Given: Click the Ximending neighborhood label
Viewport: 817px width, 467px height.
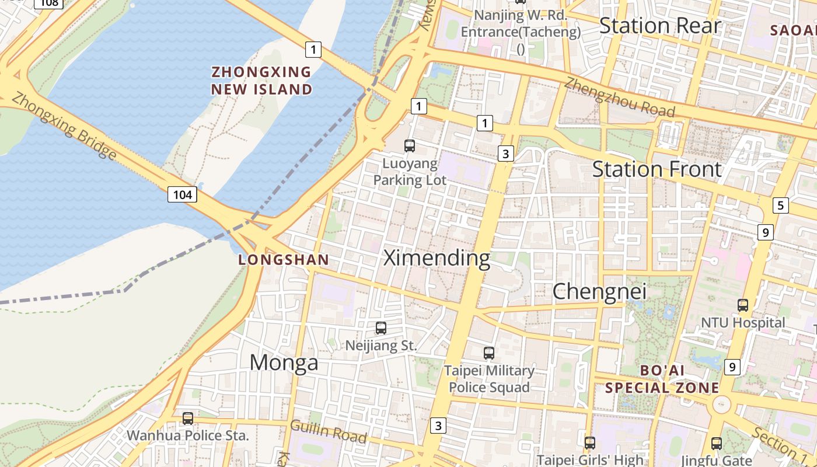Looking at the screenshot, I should point(437,258).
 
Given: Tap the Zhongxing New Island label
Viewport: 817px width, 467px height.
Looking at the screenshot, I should point(261,81).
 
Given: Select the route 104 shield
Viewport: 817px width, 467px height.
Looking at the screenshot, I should point(182,194).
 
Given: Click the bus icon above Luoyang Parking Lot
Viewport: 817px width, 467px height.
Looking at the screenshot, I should point(410,146).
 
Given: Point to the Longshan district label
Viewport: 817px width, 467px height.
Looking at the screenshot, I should point(284,260).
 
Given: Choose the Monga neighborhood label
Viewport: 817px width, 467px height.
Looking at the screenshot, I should point(284,363).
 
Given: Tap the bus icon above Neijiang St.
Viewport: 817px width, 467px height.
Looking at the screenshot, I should point(381,328).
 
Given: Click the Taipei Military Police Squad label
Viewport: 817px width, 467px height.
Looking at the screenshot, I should point(489,379).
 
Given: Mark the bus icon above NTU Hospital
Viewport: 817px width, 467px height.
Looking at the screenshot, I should point(743,305).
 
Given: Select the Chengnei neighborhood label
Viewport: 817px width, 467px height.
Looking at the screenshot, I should point(599,291).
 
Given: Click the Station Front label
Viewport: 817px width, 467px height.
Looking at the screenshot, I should point(657,169).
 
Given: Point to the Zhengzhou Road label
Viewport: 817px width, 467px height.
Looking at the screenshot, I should point(620,98).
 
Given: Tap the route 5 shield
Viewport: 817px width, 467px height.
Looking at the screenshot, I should point(780,205).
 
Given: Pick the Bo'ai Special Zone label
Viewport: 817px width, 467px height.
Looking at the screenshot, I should point(662,379).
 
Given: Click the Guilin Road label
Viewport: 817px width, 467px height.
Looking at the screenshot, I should point(329,432).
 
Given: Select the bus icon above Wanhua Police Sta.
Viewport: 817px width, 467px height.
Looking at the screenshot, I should point(188,418).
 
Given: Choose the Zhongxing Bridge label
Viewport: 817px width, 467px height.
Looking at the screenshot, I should point(64,126).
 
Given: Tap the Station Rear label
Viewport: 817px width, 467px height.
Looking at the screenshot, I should point(660,26).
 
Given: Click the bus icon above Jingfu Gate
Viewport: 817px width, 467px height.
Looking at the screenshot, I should point(717,443).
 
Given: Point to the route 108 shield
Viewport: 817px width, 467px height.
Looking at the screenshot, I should point(50,3).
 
